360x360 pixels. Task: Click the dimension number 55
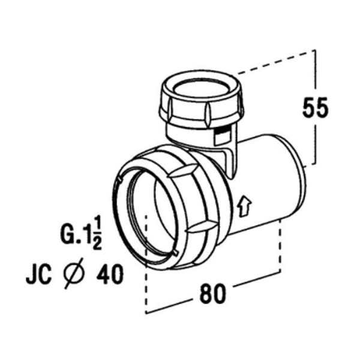coord(314,109)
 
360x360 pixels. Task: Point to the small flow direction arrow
coord(243,206)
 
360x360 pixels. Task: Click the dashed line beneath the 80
coord(210,311)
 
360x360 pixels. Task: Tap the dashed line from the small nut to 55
coord(276,62)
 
